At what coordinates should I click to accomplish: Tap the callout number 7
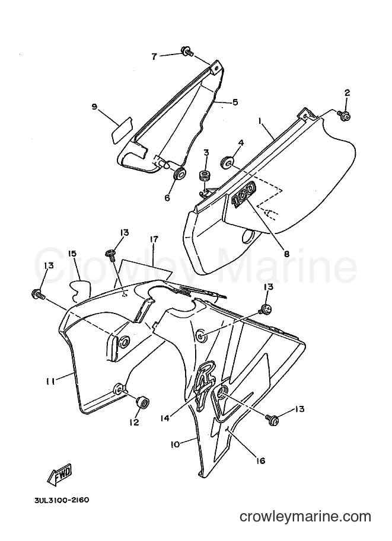tap(154, 56)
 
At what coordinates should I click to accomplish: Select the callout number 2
tap(347, 92)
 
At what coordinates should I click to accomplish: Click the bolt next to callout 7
tap(187, 52)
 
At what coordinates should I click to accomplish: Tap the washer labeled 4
tap(228, 163)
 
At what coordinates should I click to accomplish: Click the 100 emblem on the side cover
tap(244, 194)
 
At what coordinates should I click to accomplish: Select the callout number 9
tap(94, 107)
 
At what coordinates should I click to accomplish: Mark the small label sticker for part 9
tap(122, 129)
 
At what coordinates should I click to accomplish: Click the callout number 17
tap(154, 239)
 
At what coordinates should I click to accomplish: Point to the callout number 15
tap(72, 254)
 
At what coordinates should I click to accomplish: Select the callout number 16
tap(260, 460)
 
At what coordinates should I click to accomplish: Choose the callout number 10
tap(175, 444)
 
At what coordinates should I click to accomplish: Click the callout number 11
tap(51, 381)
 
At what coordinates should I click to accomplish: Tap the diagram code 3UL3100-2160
tap(62, 500)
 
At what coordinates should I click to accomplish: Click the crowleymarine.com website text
tap(305, 517)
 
